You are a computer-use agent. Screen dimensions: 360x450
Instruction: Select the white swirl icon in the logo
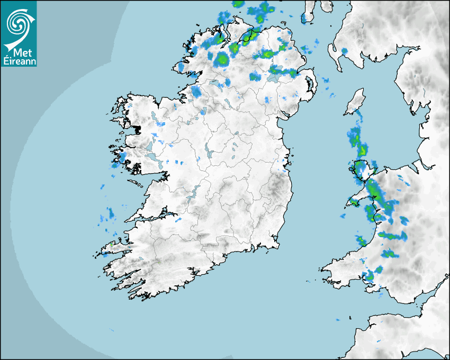coord(17,24)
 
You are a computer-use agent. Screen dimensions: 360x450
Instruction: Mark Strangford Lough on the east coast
coord(307,85)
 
